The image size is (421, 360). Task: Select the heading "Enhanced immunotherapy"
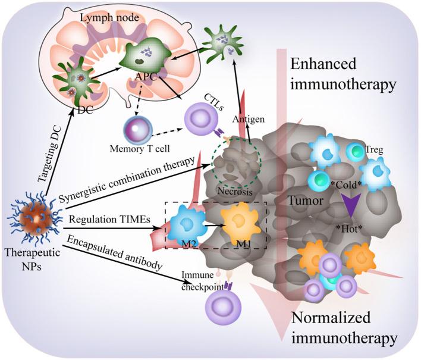coord(341,75)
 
